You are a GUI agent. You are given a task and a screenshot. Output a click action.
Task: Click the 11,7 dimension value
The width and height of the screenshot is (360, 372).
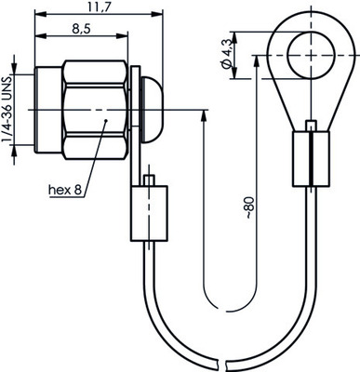click(99, 7)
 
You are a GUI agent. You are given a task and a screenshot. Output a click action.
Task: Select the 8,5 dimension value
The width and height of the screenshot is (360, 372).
click(81, 29)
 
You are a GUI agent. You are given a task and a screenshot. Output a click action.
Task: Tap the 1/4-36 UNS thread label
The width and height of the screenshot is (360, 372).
click(7, 110)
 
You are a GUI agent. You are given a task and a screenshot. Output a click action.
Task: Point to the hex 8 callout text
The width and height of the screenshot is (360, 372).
click(65, 190)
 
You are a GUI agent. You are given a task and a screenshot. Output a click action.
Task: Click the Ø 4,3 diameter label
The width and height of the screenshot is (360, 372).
click(227, 54)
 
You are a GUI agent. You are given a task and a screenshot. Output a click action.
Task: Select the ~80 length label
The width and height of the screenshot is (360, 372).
click(250, 207)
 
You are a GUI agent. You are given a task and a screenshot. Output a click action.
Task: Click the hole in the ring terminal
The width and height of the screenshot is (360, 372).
click(311, 55)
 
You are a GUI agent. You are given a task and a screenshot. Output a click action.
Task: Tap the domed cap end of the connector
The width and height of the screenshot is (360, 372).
click(152, 110)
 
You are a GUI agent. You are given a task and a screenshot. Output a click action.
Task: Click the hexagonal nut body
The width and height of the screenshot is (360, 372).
click(96, 110)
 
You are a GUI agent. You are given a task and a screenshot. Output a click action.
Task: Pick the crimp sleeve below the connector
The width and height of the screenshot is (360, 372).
click(149, 213)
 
